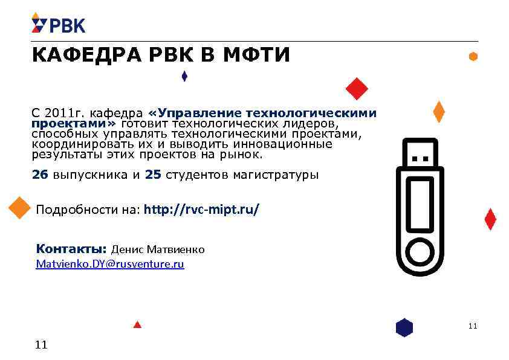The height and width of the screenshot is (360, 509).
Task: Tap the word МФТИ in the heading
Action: pyautogui.click(x=257, y=56)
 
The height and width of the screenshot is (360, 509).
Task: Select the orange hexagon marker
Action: pyautogui.click(x=473, y=56)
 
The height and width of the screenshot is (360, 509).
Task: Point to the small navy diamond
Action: pyautogui.click(x=184, y=77)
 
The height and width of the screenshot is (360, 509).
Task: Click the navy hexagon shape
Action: pyautogui.click(x=404, y=327)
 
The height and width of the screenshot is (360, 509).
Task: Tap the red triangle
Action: pyautogui.click(x=137, y=324)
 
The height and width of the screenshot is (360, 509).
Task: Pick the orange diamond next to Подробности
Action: pyautogui.click(x=19, y=208)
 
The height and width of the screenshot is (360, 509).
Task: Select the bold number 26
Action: pyautogui.click(x=40, y=175)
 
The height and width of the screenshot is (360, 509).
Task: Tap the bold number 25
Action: pyautogui.click(x=154, y=175)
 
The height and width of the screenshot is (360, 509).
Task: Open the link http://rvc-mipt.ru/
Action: pyautogui.click(x=202, y=210)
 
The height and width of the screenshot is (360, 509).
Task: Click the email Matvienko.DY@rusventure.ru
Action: pyautogui.click(x=110, y=264)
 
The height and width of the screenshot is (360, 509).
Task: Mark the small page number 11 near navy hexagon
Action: pyautogui.click(x=472, y=326)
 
